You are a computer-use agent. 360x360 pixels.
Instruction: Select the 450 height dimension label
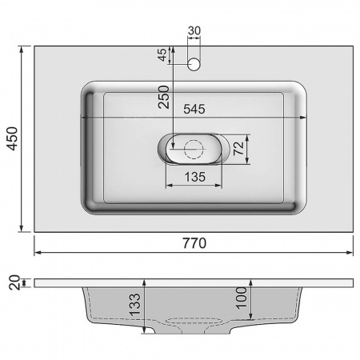11,140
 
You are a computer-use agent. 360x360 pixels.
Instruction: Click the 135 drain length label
195,176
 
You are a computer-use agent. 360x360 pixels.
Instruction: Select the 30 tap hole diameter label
194,33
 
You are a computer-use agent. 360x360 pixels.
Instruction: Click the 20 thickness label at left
11,282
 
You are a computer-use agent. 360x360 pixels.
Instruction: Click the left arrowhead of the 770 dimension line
38,252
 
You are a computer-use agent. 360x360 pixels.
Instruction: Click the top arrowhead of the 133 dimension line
144,281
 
